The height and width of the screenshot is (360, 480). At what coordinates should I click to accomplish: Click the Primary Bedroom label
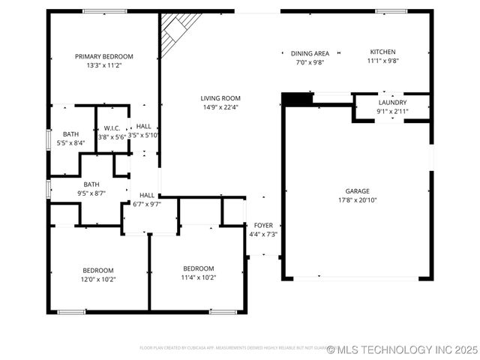coord(103,56)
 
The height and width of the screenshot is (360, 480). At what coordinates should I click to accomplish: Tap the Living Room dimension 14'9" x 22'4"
coord(220,107)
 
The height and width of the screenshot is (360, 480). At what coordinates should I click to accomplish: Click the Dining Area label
coord(310,53)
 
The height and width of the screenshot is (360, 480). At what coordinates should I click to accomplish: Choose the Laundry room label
coord(392,102)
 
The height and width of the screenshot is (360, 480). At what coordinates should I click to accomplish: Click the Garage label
coord(357,191)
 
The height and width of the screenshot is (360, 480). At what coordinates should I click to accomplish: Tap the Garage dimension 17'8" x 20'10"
coord(357,200)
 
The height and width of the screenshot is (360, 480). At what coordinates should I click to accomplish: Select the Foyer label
coord(263,225)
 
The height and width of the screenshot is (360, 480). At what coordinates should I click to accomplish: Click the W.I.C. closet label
coord(112,128)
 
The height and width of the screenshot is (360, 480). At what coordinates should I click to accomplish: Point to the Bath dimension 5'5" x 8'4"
coord(70,142)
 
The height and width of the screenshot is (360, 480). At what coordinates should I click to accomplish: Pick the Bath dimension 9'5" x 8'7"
coord(91,193)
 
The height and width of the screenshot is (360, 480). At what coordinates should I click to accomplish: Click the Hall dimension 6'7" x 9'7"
coord(147,203)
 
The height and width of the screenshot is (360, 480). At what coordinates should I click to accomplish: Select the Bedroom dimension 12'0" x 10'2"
coord(98,279)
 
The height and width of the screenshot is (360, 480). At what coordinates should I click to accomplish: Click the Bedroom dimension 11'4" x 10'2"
coord(199,277)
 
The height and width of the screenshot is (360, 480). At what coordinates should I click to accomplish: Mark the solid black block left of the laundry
coord(297,98)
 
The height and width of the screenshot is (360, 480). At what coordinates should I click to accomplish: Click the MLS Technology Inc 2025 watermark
coord(402,349)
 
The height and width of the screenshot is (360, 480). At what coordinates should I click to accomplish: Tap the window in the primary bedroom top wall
coord(104,10)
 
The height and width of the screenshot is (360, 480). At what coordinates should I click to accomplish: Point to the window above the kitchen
coord(390,10)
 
